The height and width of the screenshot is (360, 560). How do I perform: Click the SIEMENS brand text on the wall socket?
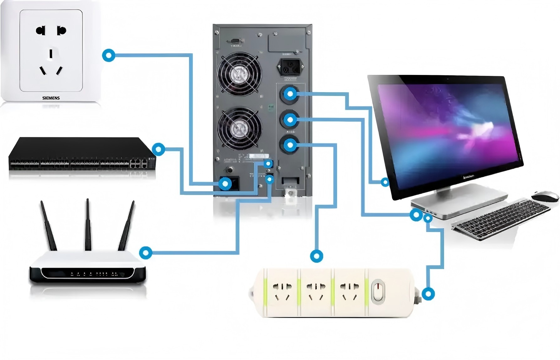coord(51,98)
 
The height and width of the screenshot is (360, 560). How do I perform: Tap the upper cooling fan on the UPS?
coord(239,74)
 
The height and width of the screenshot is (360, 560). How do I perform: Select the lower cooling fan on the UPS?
coord(240,128)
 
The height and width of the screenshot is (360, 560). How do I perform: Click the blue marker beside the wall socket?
coord(109,56)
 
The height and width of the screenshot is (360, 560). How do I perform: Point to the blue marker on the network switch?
coord(158,149)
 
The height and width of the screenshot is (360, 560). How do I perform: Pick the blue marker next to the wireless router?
coord(146,252)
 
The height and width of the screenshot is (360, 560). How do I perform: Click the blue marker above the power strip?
coord(316,256)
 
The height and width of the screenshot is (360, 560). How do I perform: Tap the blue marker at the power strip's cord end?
coord(428,294)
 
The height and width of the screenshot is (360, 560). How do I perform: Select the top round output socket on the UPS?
coord(290,94)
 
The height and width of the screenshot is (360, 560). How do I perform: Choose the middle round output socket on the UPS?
coord(290,119)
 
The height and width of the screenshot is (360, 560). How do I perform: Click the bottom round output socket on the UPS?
coord(290,145)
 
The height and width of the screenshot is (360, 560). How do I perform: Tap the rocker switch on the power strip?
coord(378,292)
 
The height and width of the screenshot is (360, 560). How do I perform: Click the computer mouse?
coord(545,196)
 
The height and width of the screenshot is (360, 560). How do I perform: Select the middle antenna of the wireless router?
coord(88,224)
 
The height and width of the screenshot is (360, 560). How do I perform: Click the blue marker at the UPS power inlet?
coord(225,183)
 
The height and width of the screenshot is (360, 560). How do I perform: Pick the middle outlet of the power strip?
coord(316,292)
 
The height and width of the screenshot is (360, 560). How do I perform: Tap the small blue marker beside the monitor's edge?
coord(385,182)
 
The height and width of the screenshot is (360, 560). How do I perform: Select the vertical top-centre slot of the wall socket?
coord(51,54)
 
